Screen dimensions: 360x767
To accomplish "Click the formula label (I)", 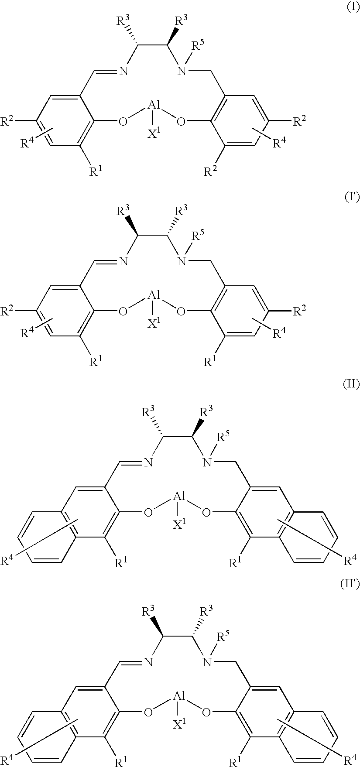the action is [x=352, y=9].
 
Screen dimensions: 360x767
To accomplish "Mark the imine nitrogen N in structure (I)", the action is [x=123, y=71].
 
